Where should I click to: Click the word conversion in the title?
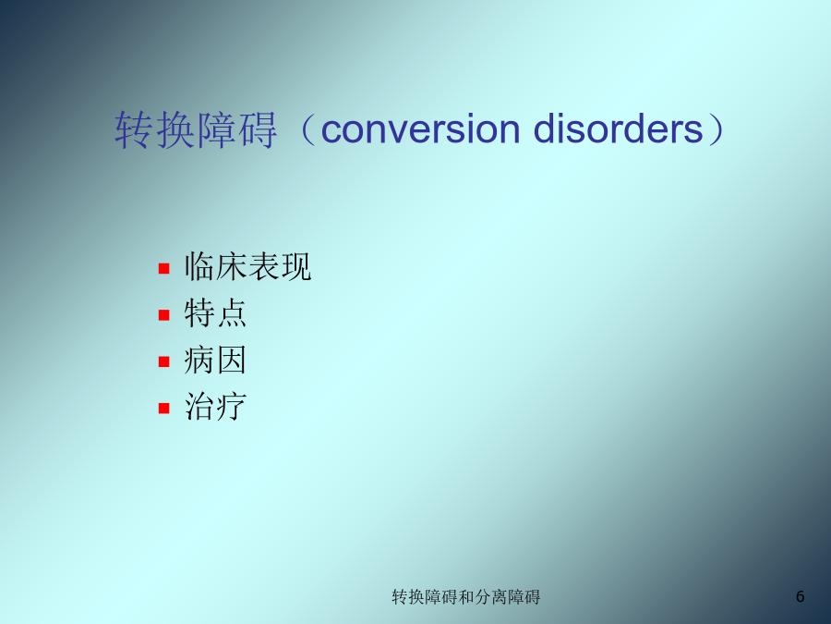pos(420,129)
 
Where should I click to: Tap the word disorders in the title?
pos(618,128)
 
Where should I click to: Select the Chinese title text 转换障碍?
pos(196,130)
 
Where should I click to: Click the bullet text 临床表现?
pos(247,266)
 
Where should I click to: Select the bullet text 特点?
pos(215,313)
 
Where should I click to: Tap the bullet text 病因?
pos(215,360)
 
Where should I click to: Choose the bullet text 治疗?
pos(215,407)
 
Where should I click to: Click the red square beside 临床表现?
pos(163,268)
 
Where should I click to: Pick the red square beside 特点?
pos(163,315)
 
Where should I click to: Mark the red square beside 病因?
pos(163,361)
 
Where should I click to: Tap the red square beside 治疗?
pos(163,408)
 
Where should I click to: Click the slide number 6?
pos(801,596)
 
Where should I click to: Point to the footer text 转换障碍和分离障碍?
pos(466,597)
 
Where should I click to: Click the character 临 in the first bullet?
pos(199,266)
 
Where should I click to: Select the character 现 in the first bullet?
pos(295,266)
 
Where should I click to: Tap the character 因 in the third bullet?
pos(231,360)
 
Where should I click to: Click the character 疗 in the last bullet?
pos(231,407)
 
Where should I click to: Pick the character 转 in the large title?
pos(134,130)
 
